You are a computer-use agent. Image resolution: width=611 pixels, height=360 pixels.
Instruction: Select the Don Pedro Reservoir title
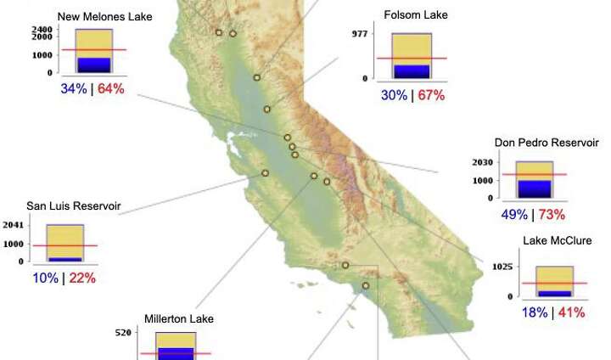pyautogui.click(x=547, y=143)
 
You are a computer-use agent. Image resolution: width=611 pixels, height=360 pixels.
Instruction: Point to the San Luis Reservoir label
pyautogui.click(x=73, y=205)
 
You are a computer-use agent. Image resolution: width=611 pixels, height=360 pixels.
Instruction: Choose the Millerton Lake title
pyautogui.click(x=179, y=318)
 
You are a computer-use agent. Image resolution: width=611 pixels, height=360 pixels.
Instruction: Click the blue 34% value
pyautogui.click(x=73, y=88)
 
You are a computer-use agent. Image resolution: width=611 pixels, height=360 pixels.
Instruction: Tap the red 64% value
pyautogui.click(x=111, y=88)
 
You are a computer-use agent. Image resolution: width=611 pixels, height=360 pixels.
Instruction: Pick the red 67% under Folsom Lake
pyautogui.click(x=431, y=95)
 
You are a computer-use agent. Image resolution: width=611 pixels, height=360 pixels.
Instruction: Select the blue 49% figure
pyautogui.click(x=515, y=214)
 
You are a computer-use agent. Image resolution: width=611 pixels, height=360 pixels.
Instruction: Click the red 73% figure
pyautogui.click(x=552, y=214)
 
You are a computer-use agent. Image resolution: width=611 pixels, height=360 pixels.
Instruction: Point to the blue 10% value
pyautogui.click(x=45, y=278)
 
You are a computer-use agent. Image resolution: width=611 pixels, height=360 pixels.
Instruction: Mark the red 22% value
pyautogui.click(x=82, y=278)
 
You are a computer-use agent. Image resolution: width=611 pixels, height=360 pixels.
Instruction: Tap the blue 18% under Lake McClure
pyautogui.click(x=534, y=312)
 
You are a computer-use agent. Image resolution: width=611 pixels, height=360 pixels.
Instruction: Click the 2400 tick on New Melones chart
pyautogui.click(x=42, y=30)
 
